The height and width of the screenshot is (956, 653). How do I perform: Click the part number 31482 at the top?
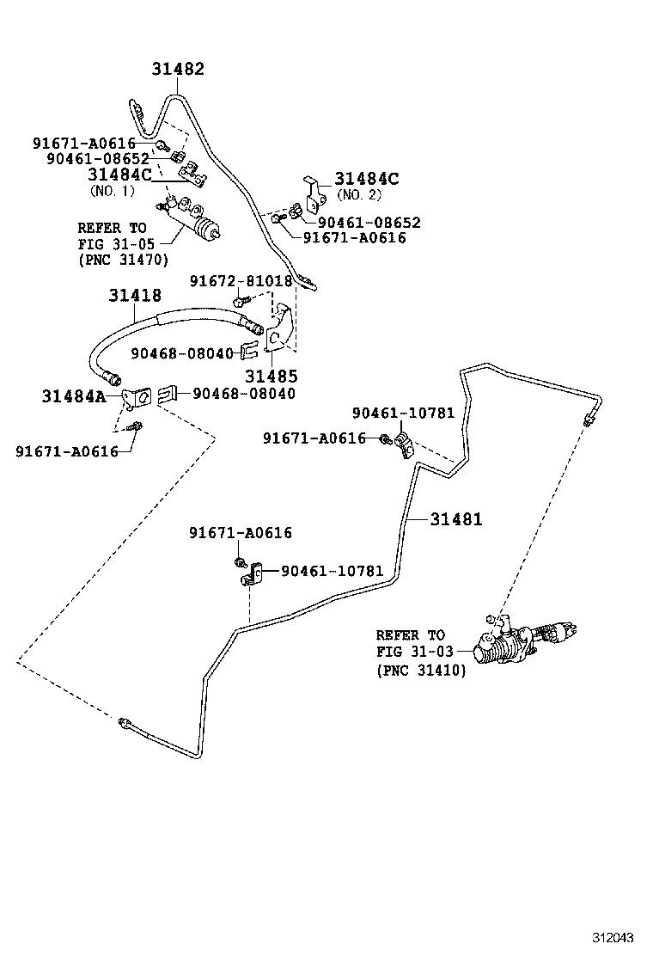(178, 69)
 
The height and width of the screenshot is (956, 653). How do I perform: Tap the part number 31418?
(135, 295)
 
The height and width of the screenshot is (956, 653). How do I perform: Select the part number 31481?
(455, 519)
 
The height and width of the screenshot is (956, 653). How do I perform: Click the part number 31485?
(271, 376)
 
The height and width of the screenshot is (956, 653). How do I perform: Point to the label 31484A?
(73, 396)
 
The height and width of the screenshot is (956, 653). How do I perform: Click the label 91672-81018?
(241, 281)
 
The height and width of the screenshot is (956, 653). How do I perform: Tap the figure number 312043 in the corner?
(613, 936)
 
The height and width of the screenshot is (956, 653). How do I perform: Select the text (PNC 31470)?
(123, 260)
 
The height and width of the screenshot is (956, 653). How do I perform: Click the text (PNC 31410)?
(422, 671)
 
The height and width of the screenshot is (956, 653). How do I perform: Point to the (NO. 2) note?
(359, 195)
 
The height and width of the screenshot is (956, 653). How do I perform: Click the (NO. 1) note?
(112, 191)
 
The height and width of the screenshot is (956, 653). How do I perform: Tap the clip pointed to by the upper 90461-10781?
(404, 444)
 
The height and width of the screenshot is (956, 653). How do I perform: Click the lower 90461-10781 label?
(332, 571)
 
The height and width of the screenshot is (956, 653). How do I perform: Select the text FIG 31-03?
(415, 651)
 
